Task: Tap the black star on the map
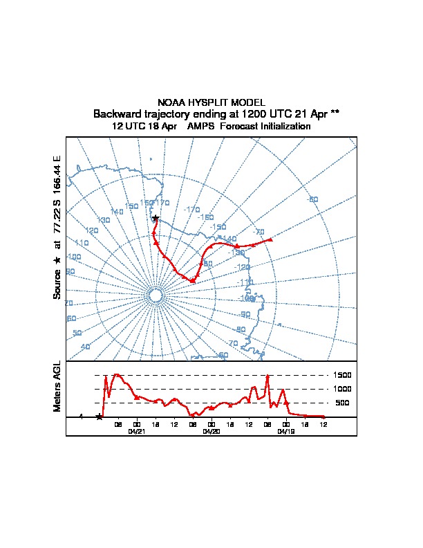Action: click(x=156, y=218)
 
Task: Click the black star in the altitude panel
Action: click(x=100, y=417)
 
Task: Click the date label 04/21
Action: click(x=136, y=430)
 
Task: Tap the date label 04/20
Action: click(x=211, y=430)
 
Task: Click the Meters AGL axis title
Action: click(x=57, y=386)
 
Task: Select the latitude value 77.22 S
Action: click(x=57, y=221)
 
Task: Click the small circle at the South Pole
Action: click(x=156, y=295)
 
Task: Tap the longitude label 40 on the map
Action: click(x=85, y=347)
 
